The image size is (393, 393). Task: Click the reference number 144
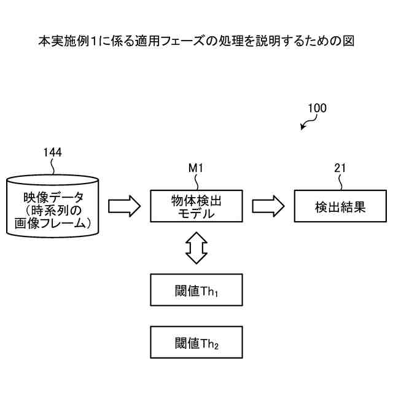point(53,152)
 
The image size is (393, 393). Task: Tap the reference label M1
point(195,167)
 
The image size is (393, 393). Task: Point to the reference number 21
point(341,167)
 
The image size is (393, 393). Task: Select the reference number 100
point(317,108)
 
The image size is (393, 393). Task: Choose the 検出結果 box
point(340,206)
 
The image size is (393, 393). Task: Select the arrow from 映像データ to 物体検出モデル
point(125,206)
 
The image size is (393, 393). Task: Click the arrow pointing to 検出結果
point(268,206)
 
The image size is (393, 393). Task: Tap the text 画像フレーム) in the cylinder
point(53,224)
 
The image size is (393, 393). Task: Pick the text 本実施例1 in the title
point(64,41)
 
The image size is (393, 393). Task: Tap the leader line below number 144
point(54,167)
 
